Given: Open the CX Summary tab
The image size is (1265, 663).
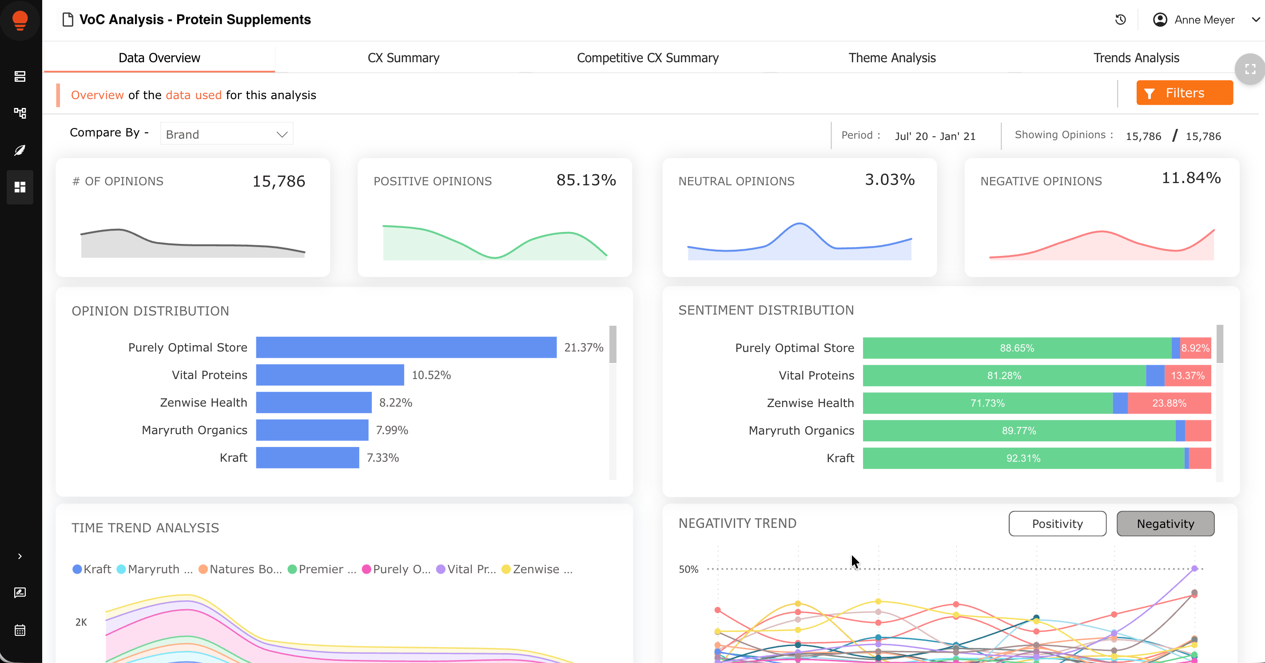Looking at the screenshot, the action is point(403,58).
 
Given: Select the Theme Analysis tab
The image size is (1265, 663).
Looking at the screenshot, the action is point(892,58).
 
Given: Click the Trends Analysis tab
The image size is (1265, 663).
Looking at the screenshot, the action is point(1136,58).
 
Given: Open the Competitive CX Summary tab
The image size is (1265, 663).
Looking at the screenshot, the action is point(647,58).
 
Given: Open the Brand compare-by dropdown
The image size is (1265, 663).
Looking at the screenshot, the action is point(227,134).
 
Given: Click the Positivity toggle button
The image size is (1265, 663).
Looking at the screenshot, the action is point(1057,523).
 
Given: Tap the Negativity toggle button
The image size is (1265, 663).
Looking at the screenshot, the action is point(1166,523).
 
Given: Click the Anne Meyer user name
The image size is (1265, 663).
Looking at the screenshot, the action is point(1204,20).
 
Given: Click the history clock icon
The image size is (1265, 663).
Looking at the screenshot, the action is point(1120,20).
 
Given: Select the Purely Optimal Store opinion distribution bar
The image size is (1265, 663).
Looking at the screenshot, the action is point(406,347).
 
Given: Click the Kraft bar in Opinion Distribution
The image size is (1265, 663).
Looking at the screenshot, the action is point(307,457).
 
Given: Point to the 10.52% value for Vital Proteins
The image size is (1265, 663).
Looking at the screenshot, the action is point(431,375).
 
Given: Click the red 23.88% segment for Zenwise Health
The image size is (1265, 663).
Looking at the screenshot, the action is point(1169,403).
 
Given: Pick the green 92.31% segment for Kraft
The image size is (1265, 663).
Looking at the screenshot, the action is point(1023,458).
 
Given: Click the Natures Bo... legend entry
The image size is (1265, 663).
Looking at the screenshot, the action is point(240,569).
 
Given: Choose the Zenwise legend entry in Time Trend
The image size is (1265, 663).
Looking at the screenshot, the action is point(537,569).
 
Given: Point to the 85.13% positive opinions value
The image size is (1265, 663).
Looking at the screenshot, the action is point(586,180).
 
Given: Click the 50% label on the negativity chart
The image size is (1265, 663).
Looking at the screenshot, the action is point(688,569).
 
